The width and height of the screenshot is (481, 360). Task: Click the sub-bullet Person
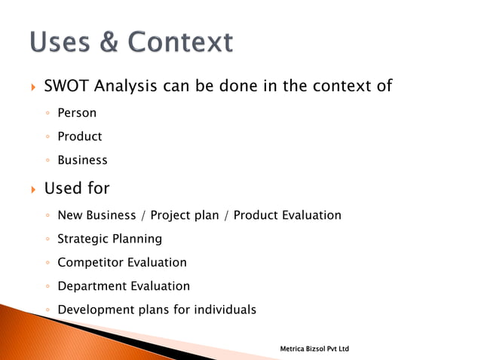pyautogui.click(x=77, y=114)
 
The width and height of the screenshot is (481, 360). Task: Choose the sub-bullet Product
pyautogui.click(x=79, y=136)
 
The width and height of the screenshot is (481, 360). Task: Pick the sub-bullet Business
pyautogui.click(x=82, y=160)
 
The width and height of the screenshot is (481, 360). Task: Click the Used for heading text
pyautogui.click(x=77, y=188)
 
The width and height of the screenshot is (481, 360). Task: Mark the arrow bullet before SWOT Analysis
pyautogui.click(x=32, y=87)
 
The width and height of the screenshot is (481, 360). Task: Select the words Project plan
pyautogui.click(x=185, y=215)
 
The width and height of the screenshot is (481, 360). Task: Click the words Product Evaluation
pyautogui.click(x=287, y=215)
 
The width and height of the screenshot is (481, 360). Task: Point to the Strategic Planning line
pyautogui.click(x=109, y=239)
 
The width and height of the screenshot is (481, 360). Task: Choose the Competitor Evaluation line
pyautogui.click(x=122, y=263)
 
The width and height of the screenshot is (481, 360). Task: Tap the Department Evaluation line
pyautogui.click(x=124, y=286)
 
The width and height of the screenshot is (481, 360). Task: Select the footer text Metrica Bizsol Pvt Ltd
pyautogui.click(x=314, y=349)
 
